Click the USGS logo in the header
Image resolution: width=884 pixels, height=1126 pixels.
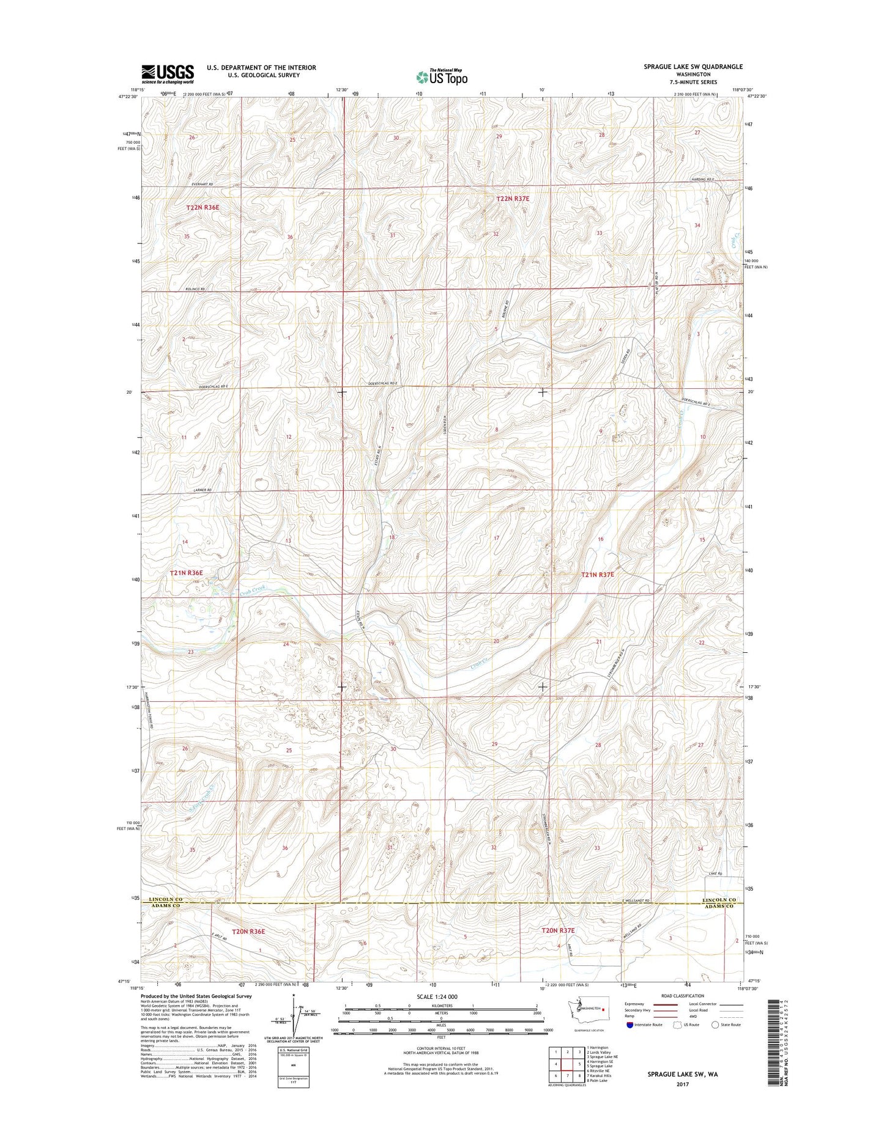pos(168,74)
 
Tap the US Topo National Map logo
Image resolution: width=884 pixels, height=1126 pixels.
pos(442,76)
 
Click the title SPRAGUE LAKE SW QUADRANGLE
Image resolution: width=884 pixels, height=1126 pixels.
pos(693,67)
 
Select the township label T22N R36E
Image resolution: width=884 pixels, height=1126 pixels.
pos(202,208)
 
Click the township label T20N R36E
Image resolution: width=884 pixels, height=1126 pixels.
pos(248,932)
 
